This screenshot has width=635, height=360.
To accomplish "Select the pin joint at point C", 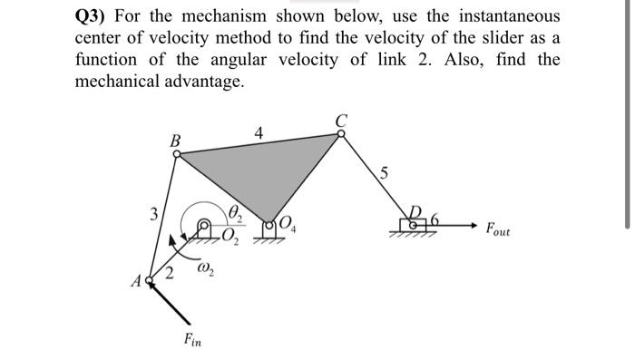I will tap(341, 132).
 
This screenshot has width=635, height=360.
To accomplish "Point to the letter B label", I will tap(175, 140).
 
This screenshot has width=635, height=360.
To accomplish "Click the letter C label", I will tap(341, 118).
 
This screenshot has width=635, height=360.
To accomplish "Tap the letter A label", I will tap(135, 282).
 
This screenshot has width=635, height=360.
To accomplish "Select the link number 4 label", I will tap(259, 133).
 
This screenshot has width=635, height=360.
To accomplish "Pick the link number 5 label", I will tap(385, 174).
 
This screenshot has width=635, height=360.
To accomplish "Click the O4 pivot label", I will tap(289, 224).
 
